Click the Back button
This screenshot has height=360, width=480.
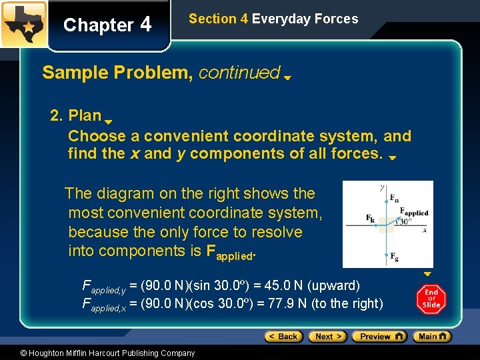284,337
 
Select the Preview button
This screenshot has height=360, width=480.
379,337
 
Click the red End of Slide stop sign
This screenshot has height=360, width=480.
431,299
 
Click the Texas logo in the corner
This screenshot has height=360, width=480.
23,24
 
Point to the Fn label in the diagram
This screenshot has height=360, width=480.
394,198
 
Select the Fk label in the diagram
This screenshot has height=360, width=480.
370,218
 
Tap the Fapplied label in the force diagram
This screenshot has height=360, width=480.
413,212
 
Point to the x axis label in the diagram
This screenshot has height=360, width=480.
425,230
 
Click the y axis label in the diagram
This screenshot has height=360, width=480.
381,188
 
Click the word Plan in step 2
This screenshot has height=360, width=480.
85,116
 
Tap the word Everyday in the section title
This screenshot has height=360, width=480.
279,19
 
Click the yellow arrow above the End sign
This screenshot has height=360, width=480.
427,274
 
